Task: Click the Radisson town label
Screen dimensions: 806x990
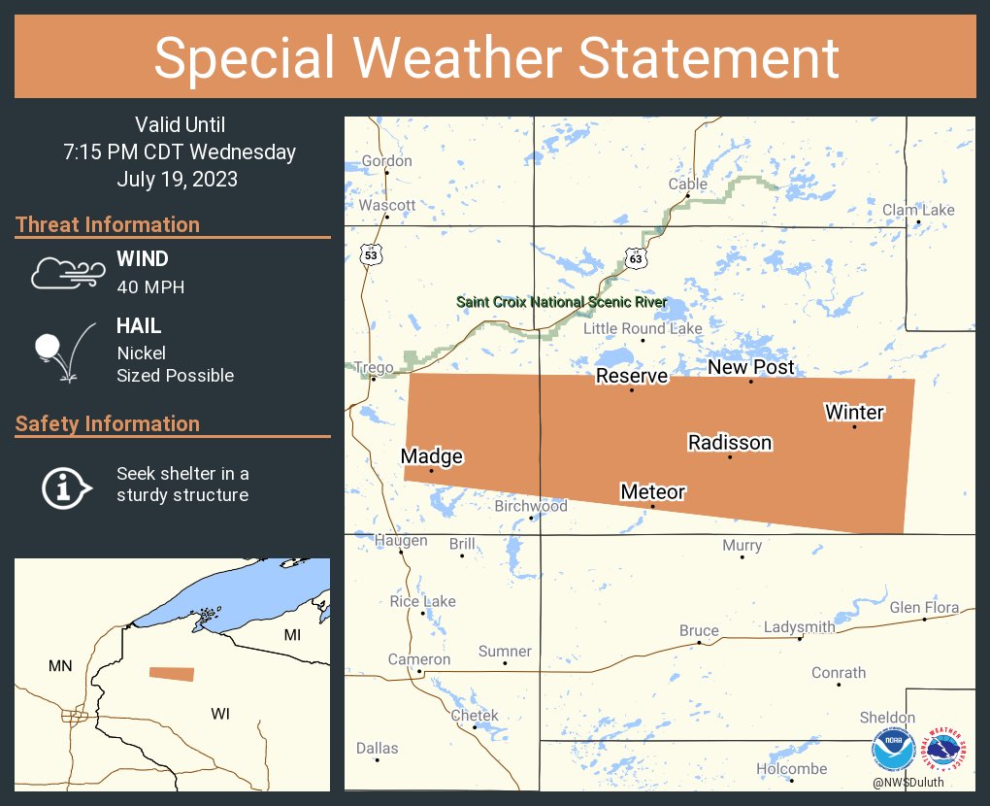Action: [730, 443]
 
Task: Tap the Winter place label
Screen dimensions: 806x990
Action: [854, 413]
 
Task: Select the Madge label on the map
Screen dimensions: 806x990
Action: [432, 456]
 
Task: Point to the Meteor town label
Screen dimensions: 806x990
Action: [653, 492]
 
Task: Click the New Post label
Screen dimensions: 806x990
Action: [750, 367]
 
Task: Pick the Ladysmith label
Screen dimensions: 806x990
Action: [799, 627]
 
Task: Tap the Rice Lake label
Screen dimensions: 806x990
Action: [422, 601]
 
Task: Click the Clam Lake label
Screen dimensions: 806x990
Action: [918, 210]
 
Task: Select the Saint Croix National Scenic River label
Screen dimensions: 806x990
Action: [562, 303]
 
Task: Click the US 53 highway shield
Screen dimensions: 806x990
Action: [370, 254]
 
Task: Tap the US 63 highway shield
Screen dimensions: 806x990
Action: [636, 258]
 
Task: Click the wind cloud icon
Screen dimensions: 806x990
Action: [66, 274]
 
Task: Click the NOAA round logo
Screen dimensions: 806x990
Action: [893, 751]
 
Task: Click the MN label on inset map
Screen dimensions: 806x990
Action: [60, 666]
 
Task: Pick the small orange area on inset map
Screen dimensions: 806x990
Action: [172, 674]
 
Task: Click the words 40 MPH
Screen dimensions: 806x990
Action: [150, 287]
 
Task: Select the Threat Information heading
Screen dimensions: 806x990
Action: [108, 225]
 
